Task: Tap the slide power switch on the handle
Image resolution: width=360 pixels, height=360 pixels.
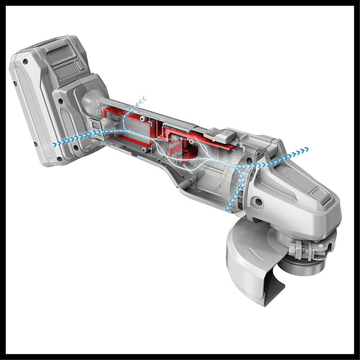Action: click(217, 135)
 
